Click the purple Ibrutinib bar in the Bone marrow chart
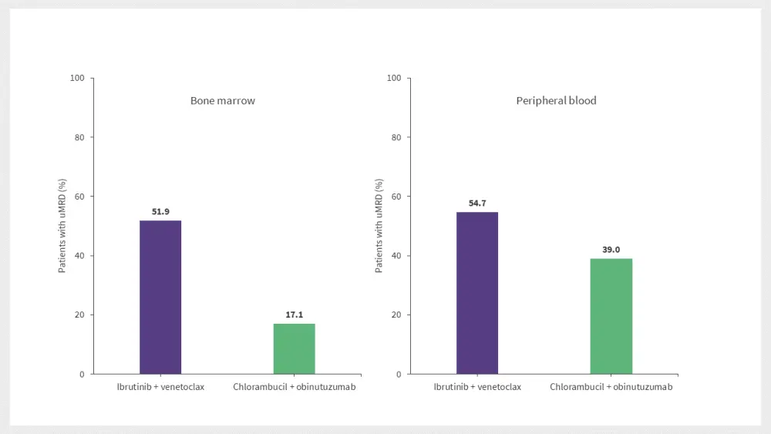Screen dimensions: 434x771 pyautogui.click(x=160, y=297)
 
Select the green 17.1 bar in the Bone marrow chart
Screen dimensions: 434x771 pyautogui.click(x=294, y=348)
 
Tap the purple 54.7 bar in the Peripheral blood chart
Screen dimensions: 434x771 pyautogui.click(x=477, y=293)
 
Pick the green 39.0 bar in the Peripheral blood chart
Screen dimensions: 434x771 pyautogui.click(x=611, y=316)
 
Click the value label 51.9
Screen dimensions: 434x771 pyautogui.click(x=160, y=210)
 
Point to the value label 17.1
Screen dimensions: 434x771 pyautogui.click(x=294, y=314)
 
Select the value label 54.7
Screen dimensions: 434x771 pyautogui.click(x=477, y=203)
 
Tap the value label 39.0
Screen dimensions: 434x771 pyautogui.click(x=611, y=249)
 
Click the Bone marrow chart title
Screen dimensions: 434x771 pyautogui.click(x=223, y=101)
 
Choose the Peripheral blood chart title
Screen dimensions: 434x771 pyautogui.click(x=556, y=101)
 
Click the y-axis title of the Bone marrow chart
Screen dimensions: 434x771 pyautogui.click(x=62, y=226)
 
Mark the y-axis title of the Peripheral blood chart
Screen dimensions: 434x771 pyautogui.click(x=379, y=226)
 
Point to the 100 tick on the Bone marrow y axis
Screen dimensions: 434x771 pyautogui.click(x=77, y=78)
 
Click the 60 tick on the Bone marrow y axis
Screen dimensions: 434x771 pyautogui.click(x=79, y=197)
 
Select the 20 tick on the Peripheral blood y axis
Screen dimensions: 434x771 pyautogui.click(x=396, y=315)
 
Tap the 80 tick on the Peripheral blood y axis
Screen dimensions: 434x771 pyautogui.click(x=396, y=137)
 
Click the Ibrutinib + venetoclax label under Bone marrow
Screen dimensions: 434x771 pyautogui.click(x=160, y=387)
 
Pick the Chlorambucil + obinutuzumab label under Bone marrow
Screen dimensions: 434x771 pyautogui.click(x=295, y=387)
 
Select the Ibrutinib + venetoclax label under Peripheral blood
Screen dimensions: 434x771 pyautogui.click(x=477, y=387)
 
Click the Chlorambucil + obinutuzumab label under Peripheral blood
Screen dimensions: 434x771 pyautogui.click(x=611, y=387)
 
